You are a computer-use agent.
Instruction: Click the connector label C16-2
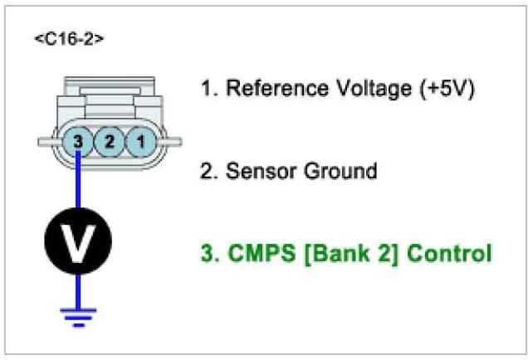(70, 40)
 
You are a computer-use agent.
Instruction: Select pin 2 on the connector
(110, 142)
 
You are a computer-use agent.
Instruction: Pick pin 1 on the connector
(140, 142)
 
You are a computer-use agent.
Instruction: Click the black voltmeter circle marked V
(78, 240)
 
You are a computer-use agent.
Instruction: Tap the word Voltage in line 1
(367, 89)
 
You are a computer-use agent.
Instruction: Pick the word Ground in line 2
(337, 172)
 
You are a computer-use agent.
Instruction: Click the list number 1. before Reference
(209, 89)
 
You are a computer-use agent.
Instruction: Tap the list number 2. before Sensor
(209, 172)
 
